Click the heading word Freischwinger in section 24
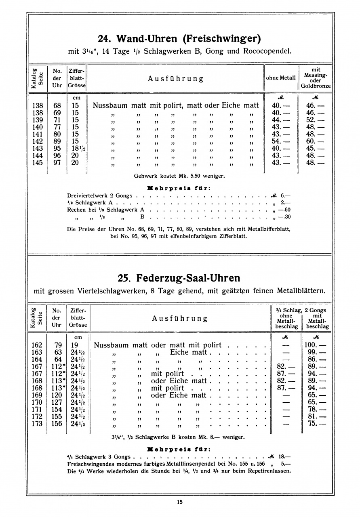tap(222, 39)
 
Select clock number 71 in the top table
tap(57, 120)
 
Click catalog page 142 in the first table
tap(37, 141)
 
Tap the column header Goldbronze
tap(316, 86)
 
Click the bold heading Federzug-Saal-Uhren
tap(188, 278)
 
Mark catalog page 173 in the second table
tap(37, 424)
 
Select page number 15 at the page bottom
tap(180, 502)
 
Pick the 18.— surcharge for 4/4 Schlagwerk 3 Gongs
tap(282, 457)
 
